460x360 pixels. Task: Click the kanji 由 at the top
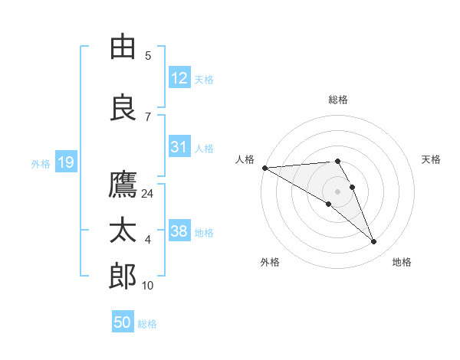point(123,47)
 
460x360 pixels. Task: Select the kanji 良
point(123,109)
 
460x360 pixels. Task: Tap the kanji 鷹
point(123,185)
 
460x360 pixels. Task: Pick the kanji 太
point(123,230)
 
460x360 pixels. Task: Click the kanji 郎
point(123,276)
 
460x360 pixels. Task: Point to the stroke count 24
point(148,194)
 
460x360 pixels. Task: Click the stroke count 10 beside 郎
point(148,286)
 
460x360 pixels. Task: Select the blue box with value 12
point(179,78)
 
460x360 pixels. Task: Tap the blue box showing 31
point(179,147)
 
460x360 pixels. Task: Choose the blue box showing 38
point(179,231)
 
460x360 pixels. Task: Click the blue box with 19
point(65,162)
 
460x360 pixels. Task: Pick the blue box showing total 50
point(123,322)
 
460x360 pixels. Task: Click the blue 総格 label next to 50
point(148,324)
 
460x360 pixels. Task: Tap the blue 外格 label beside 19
point(41,163)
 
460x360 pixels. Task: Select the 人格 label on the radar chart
point(245,159)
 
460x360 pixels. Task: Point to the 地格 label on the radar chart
point(402,262)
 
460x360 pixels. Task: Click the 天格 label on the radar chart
point(432,159)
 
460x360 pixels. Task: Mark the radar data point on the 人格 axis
point(264,167)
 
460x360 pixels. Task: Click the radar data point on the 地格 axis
point(374,242)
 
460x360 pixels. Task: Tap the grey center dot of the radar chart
point(338,191)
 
